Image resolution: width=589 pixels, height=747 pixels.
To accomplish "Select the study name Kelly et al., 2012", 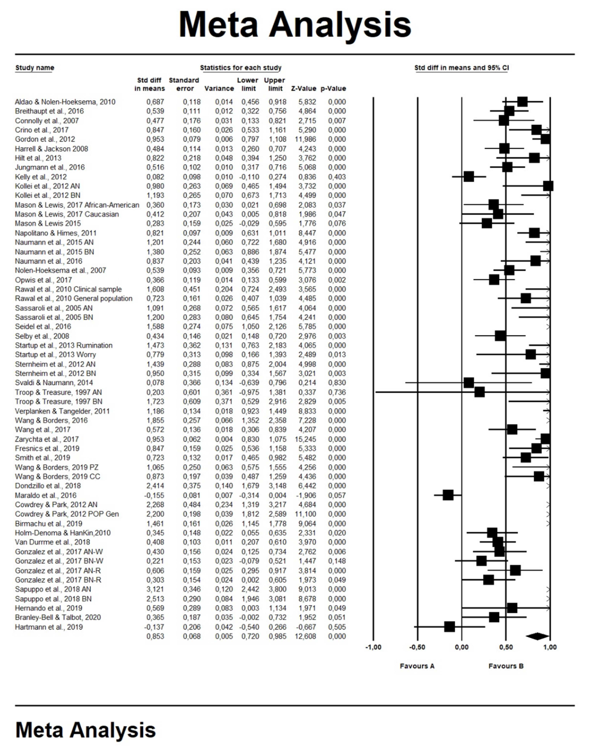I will coord(41,177).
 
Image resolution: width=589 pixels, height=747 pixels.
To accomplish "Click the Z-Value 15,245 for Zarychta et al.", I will coord(303,439).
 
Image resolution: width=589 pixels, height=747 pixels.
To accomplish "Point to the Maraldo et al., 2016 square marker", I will coord(448,495).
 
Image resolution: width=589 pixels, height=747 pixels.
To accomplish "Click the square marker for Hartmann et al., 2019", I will coord(449,627).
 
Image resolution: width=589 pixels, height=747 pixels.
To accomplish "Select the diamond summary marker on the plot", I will coord(537,636).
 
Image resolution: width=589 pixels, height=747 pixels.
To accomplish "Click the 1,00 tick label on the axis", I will coord(550,647).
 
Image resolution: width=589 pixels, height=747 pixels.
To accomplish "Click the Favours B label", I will coord(506,666).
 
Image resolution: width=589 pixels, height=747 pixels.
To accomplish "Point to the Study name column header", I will coord(35,68).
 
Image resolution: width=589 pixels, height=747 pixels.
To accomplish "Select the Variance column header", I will coord(219,89).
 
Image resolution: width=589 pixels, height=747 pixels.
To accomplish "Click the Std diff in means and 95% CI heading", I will coord(461,68).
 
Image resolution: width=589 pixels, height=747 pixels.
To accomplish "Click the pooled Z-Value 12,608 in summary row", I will coord(303,636).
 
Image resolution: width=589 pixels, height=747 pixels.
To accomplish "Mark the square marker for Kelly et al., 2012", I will coord(469,177).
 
